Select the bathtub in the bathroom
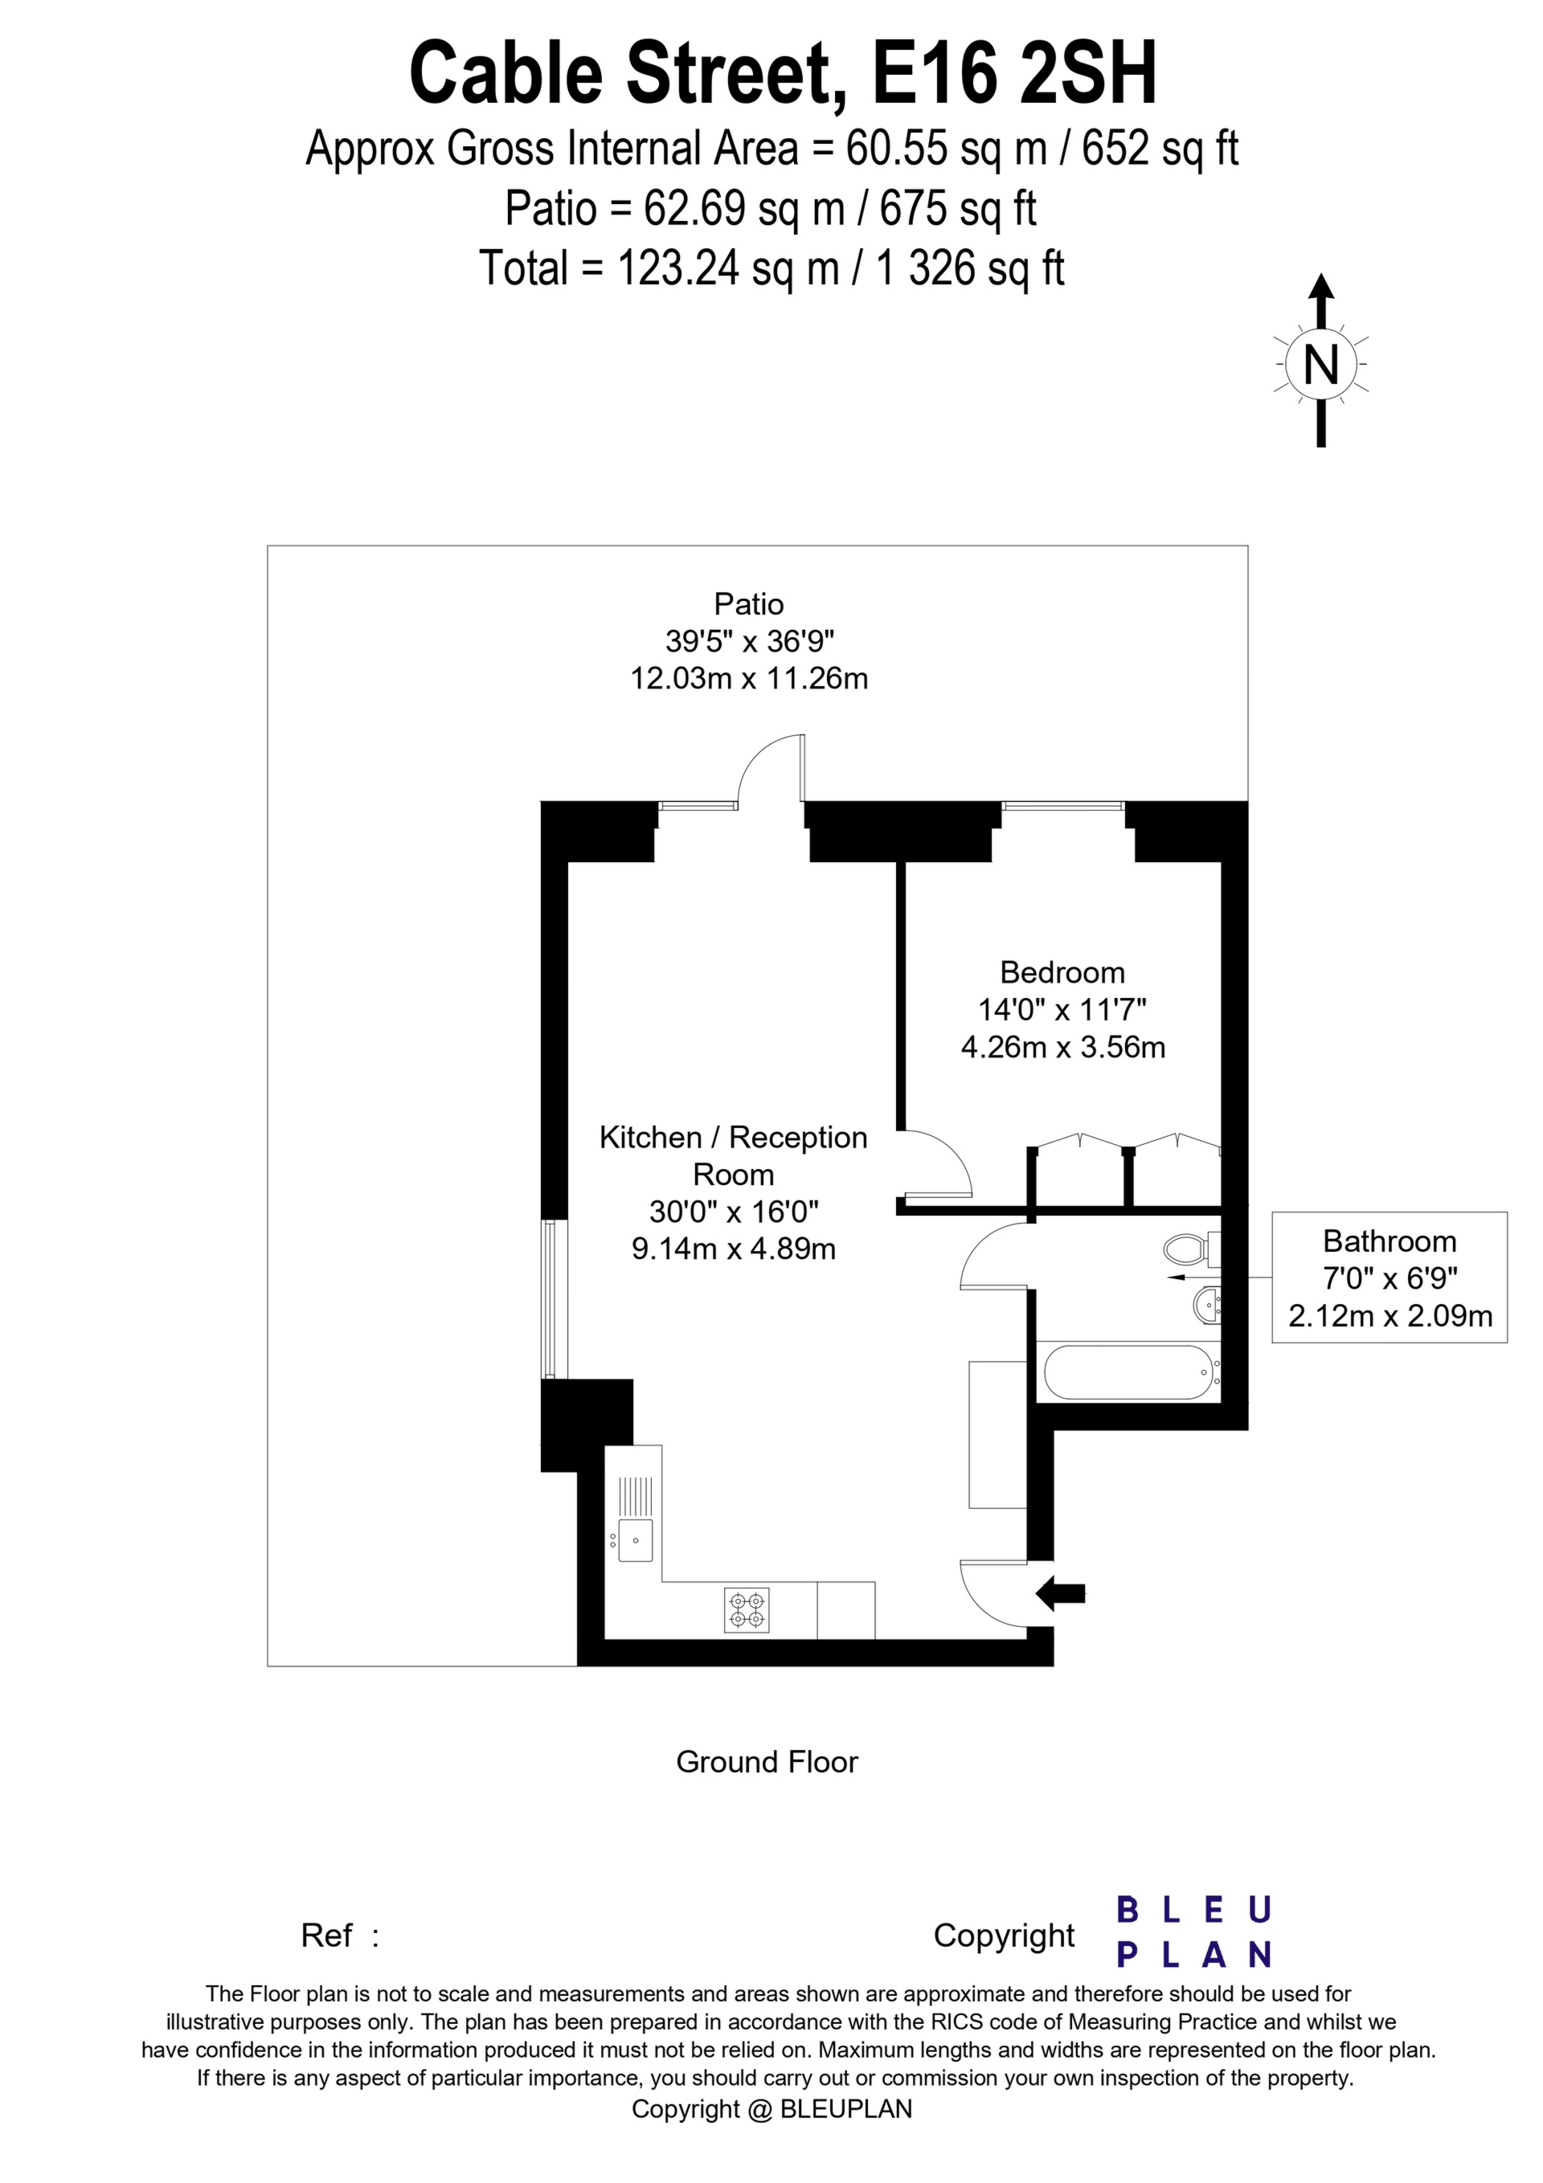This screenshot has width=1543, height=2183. point(1131,1372)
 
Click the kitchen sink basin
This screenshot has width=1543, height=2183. point(635,1539)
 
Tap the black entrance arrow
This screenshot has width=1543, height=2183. point(1060,1592)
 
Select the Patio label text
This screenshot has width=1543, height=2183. point(749,603)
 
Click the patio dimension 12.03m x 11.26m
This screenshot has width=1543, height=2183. point(749,678)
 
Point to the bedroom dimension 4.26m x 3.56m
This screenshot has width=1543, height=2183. point(1062,1047)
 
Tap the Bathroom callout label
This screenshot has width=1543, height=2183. point(1389,1241)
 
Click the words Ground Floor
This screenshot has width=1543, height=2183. point(767,1762)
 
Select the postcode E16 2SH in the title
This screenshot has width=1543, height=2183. point(1014,73)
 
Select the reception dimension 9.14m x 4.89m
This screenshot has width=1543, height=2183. point(734,1248)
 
